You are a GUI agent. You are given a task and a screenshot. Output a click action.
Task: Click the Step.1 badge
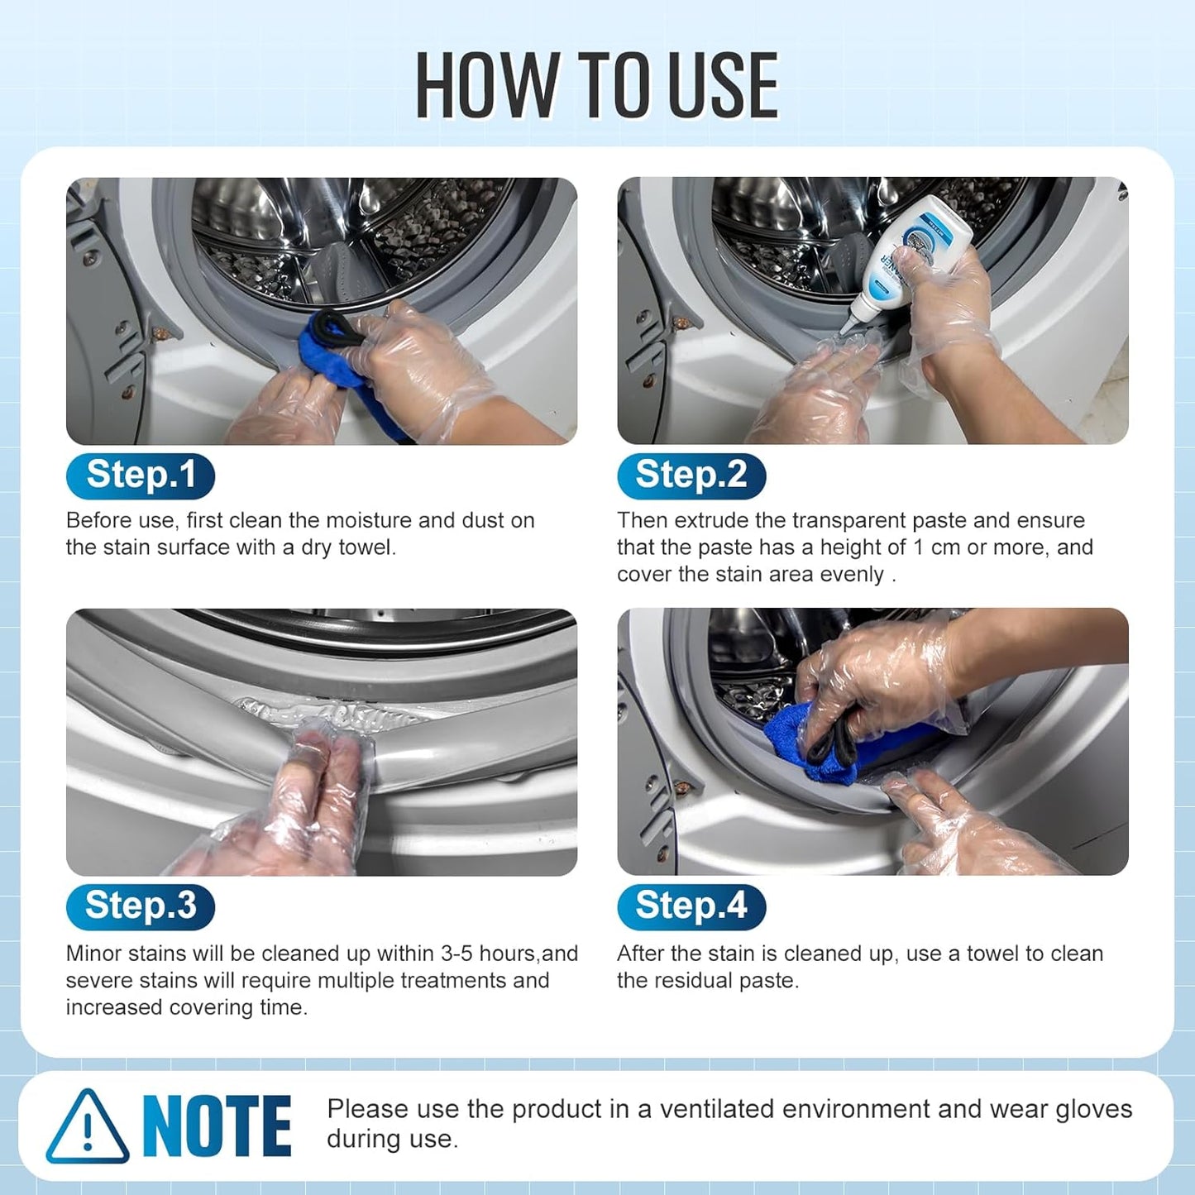click(141, 476)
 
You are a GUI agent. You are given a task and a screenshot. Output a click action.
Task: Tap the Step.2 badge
click(691, 476)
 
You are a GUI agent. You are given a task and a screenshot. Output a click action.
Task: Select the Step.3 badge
click(141, 907)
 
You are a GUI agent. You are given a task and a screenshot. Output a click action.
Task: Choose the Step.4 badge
click(691, 907)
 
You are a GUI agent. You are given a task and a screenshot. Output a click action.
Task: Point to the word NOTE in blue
click(217, 1126)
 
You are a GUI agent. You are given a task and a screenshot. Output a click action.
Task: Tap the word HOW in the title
click(485, 85)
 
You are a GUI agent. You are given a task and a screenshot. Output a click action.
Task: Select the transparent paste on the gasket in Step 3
click(335, 712)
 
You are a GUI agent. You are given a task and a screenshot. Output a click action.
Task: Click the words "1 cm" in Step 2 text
click(936, 547)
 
